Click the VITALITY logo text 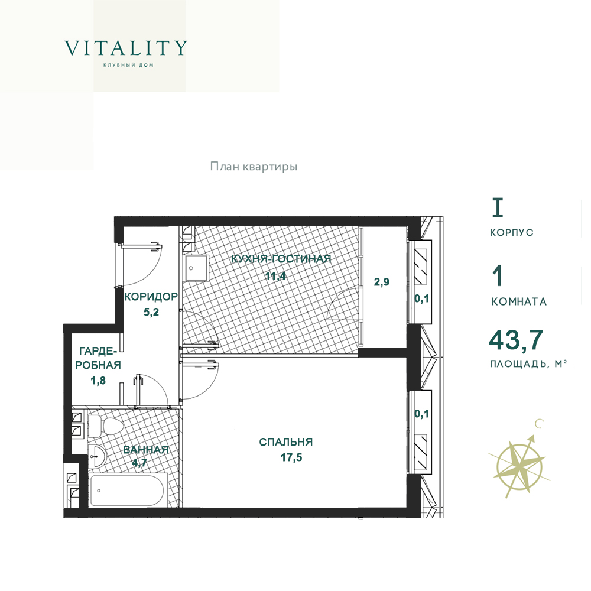coord(125,48)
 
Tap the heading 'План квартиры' coord(254,166)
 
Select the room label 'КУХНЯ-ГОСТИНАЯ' coord(281,259)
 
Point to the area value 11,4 coord(275,276)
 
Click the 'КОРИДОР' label coord(151,297)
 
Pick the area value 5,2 coord(151,312)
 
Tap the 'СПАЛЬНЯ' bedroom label coord(286,441)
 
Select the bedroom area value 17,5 coord(291,457)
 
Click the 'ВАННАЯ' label coord(145,450)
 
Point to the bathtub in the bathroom coord(128,490)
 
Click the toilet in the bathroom coord(106,426)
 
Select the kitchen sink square coord(196,268)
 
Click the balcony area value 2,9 coord(382,281)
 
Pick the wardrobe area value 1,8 coord(98,381)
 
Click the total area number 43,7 coord(516,339)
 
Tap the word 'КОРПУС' coord(511,232)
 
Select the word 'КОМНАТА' coord(519,301)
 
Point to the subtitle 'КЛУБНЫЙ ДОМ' coord(128,65)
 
